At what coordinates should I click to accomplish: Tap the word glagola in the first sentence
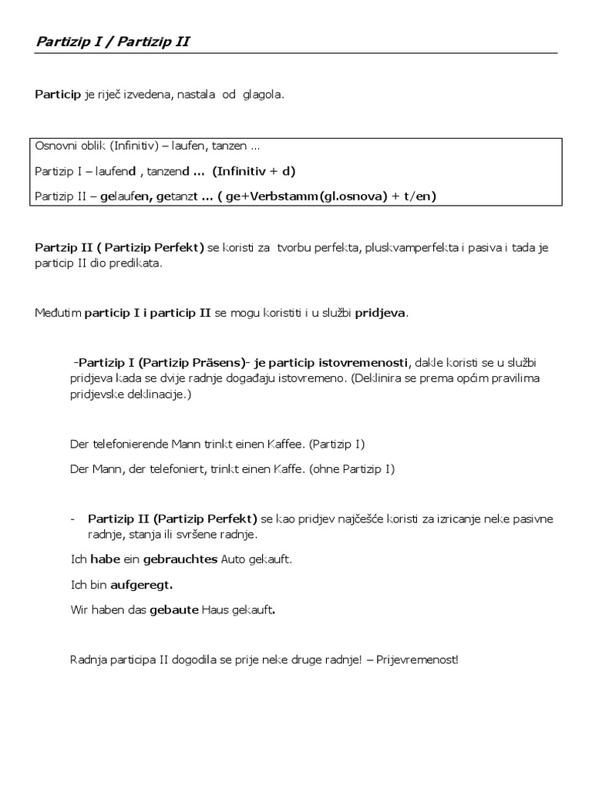(x=263, y=95)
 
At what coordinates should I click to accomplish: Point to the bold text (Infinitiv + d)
(x=254, y=170)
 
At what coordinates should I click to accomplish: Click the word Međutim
(x=57, y=313)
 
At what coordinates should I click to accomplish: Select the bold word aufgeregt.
(x=141, y=585)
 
